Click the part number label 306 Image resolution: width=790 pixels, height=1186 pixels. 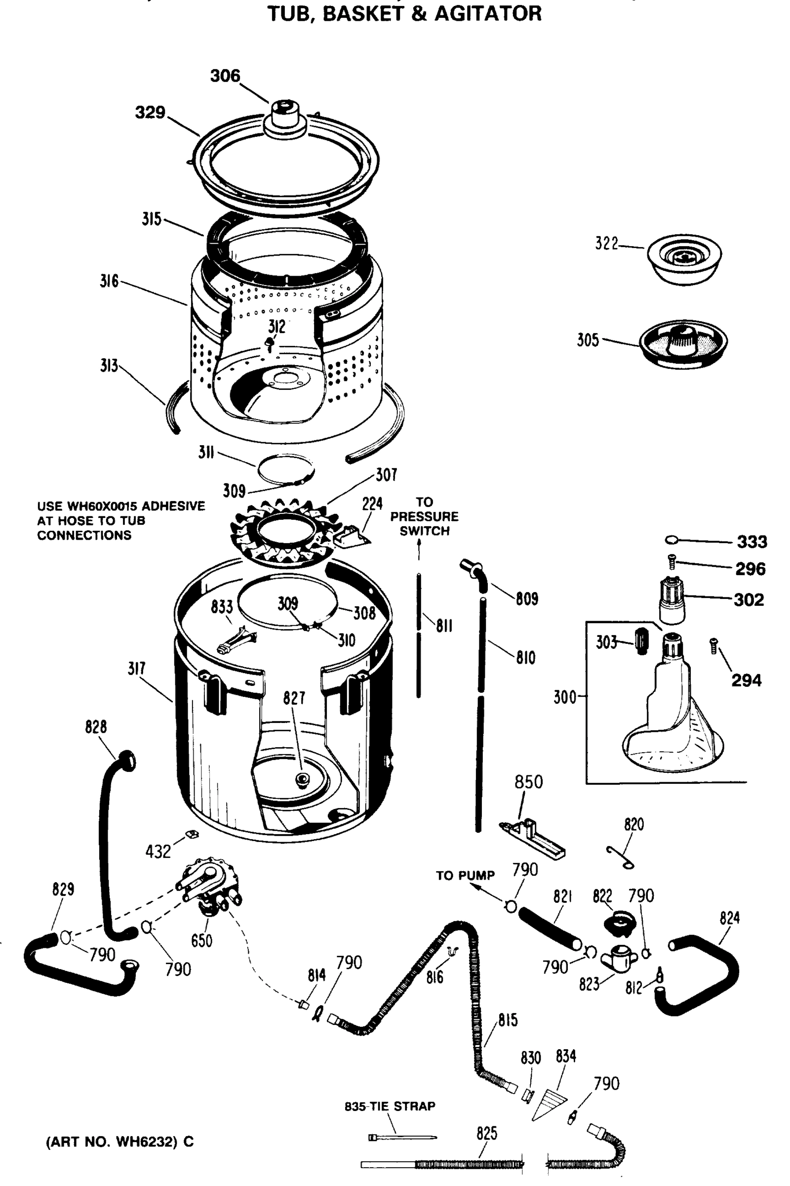click(x=225, y=76)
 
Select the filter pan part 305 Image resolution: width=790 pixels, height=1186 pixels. click(x=683, y=344)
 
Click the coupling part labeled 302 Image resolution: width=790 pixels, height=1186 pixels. click(x=672, y=600)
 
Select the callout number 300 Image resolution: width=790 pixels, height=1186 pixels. click(x=564, y=697)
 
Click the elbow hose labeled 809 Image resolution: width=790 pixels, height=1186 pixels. click(x=475, y=574)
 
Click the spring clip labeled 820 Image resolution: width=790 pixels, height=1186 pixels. click(x=620, y=858)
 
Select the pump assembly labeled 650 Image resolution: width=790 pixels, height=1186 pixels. click(x=211, y=887)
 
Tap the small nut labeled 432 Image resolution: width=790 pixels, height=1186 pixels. click(x=192, y=834)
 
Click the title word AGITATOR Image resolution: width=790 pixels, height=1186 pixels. click(x=488, y=14)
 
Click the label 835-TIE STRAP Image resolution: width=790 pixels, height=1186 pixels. click(x=390, y=1106)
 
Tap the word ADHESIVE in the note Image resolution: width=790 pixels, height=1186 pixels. click(x=174, y=506)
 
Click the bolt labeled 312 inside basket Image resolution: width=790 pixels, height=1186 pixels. click(x=270, y=344)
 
